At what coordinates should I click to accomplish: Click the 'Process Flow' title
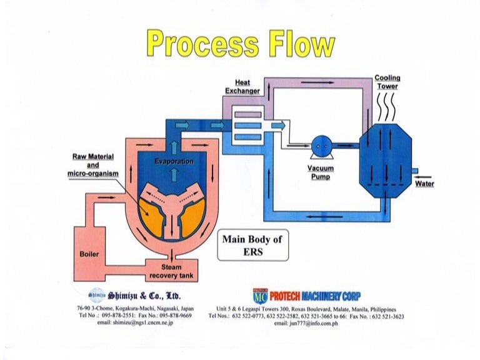point(240,44)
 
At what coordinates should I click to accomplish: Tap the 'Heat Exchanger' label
point(242,87)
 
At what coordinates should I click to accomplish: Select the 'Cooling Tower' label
point(387,82)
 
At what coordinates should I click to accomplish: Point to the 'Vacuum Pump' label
point(321,172)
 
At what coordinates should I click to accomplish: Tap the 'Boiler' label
point(89,254)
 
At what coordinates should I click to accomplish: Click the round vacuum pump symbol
point(321,146)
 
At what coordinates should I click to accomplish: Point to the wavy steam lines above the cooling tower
point(388,109)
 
